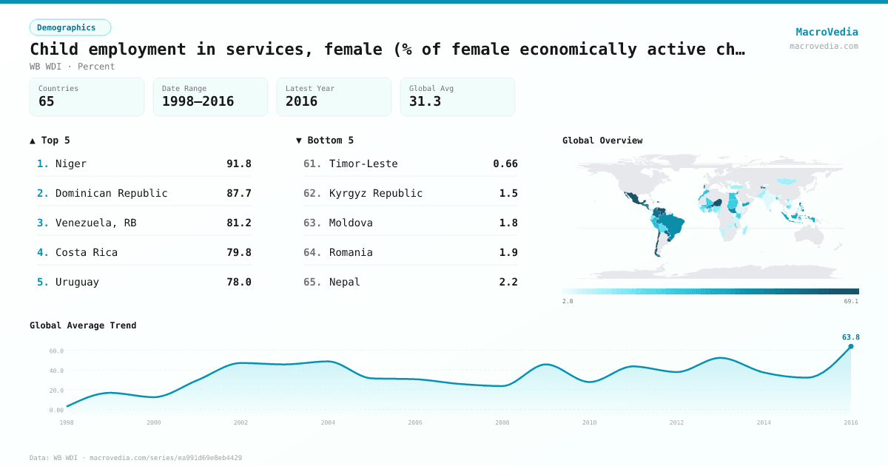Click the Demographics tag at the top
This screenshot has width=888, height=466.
(70, 27)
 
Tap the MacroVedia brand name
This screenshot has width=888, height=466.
(827, 32)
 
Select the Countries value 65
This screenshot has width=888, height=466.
(47, 101)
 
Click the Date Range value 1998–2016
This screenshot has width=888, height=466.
(198, 101)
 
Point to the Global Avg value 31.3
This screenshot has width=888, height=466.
(425, 101)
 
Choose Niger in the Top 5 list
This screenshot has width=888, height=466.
(71, 163)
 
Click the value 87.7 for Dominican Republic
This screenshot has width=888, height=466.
(238, 193)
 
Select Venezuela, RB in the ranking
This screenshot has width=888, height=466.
(95, 223)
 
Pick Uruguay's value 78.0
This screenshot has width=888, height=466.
(238, 282)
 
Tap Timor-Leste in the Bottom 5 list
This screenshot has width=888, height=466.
(363, 163)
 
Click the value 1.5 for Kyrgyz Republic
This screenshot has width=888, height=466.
(508, 193)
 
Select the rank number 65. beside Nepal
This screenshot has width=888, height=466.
(312, 282)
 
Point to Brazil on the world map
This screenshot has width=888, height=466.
(673, 221)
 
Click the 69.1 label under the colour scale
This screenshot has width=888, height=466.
(851, 301)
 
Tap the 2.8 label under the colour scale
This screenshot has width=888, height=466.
(568, 301)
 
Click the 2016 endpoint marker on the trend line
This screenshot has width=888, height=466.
(850, 346)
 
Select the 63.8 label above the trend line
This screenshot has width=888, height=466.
(850, 337)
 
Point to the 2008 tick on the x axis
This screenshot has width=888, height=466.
(502, 422)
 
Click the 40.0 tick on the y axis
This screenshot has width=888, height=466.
(56, 371)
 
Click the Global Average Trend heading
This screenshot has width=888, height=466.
(83, 325)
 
